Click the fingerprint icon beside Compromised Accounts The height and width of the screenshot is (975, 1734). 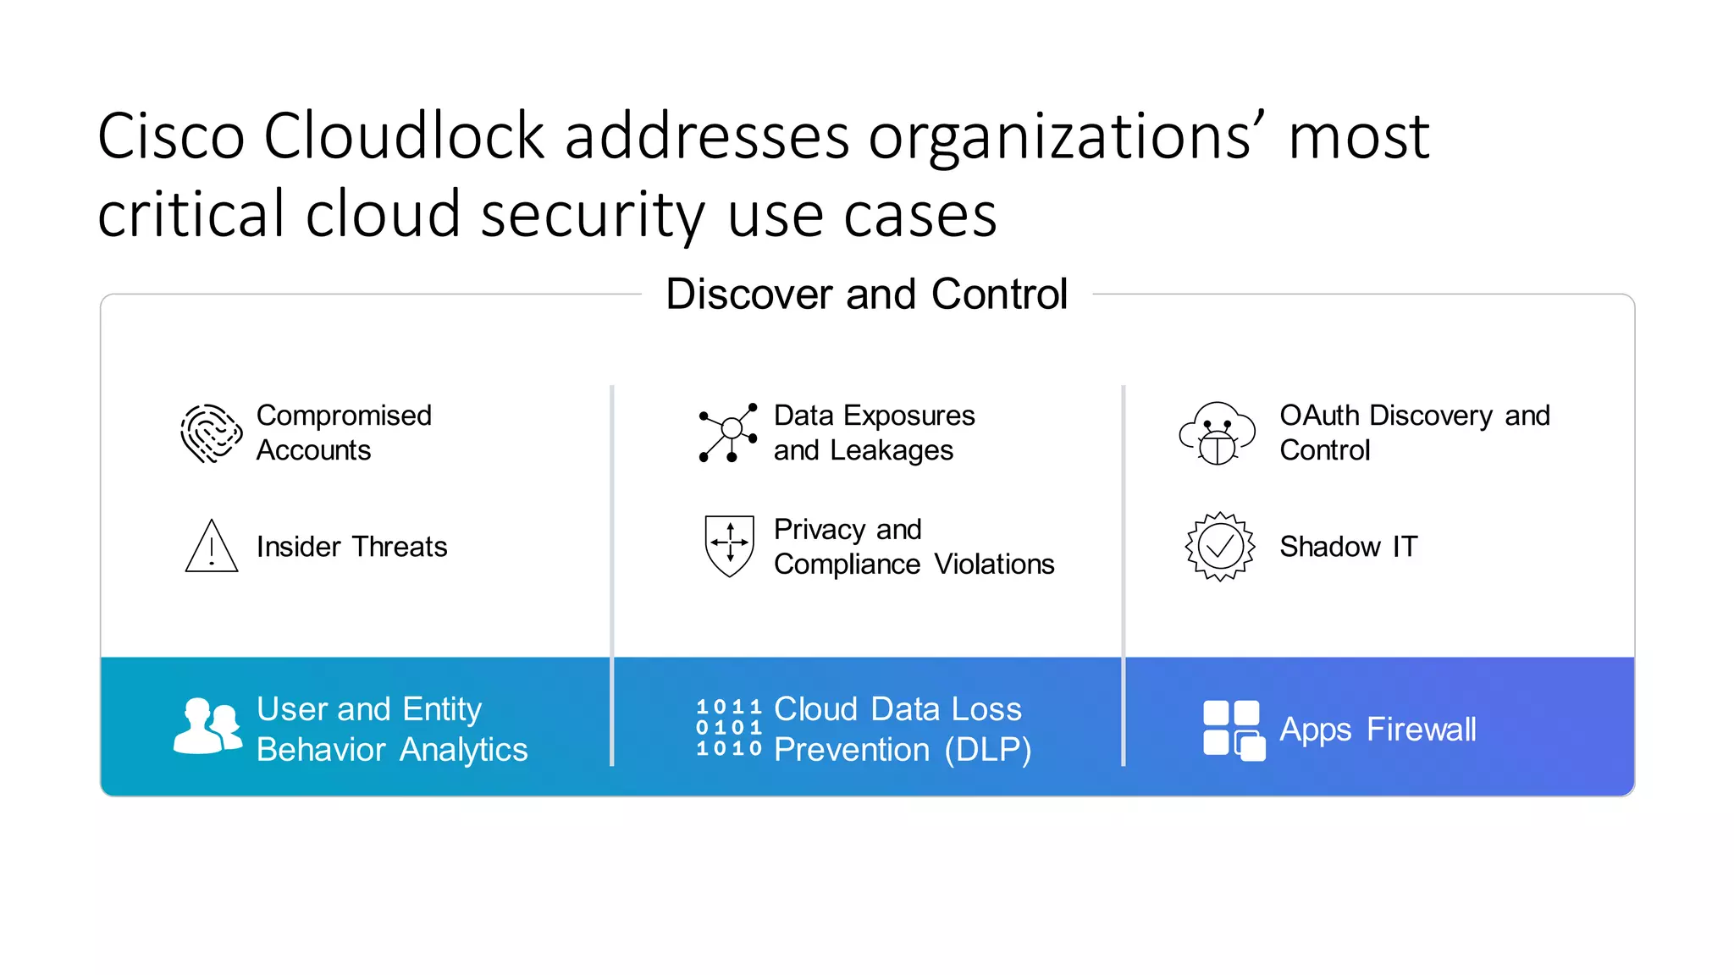211,433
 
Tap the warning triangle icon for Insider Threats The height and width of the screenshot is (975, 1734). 211,547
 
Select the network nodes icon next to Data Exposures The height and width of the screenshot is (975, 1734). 728,432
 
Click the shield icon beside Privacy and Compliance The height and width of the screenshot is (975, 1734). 729,546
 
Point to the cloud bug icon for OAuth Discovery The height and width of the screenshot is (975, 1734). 1218,433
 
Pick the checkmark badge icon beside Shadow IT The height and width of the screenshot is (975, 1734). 1219,547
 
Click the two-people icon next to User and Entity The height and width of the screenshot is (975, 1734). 208,726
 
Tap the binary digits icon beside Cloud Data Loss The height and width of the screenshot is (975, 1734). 729,728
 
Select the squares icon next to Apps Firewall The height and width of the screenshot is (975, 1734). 1234,730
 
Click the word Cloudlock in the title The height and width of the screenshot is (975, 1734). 404,136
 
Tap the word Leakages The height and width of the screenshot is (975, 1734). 892,450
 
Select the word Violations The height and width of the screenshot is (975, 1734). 994,565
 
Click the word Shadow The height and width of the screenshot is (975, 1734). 1329,547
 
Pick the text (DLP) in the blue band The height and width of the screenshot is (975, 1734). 987,750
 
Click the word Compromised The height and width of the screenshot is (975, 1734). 344,416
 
